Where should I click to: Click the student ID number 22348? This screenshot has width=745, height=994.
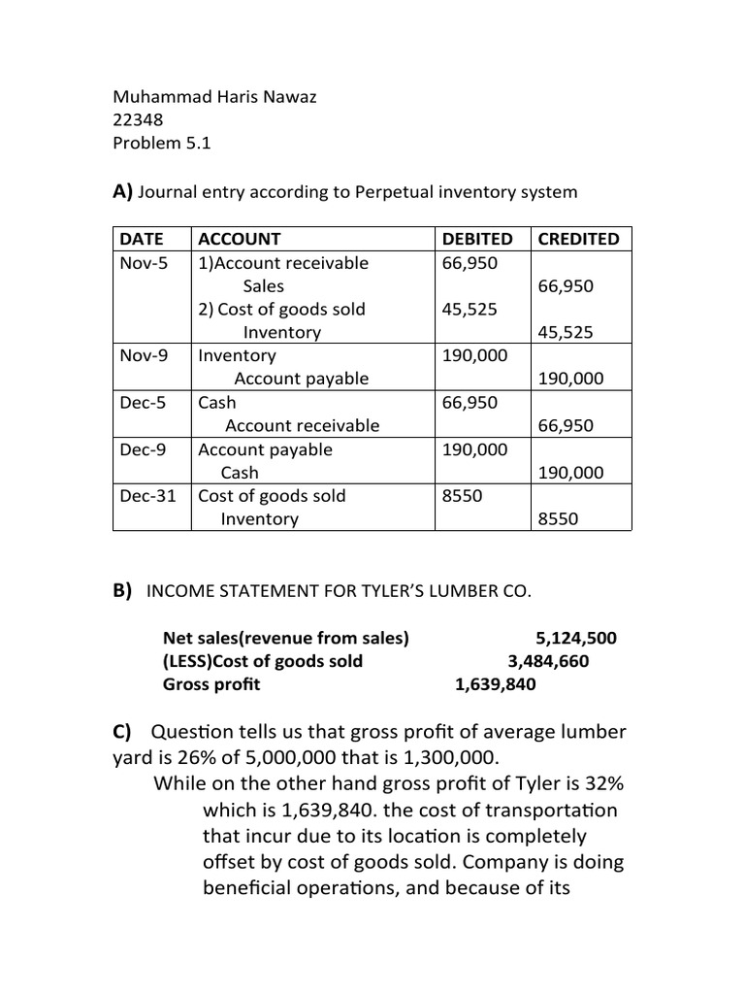[x=138, y=120]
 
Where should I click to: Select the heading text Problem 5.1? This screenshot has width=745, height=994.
[x=161, y=144]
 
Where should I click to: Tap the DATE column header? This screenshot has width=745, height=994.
[x=140, y=239]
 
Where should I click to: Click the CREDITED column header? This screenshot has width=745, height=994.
[x=578, y=239]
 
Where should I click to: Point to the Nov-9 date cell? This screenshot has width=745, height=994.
[x=144, y=355]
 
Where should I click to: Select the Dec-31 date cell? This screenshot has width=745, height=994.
[x=148, y=496]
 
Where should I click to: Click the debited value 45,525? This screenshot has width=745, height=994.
[x=470, y=309]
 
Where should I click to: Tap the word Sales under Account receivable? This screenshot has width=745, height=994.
[x=263, y=286]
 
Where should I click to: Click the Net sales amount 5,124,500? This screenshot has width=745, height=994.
[x=575, y=638]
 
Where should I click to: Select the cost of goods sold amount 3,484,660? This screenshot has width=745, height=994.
[x=548, y=661]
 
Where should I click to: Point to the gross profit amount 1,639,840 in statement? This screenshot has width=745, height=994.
[x=495, y=684]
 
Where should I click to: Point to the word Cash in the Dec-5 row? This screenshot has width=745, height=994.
[x=216, y=403]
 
